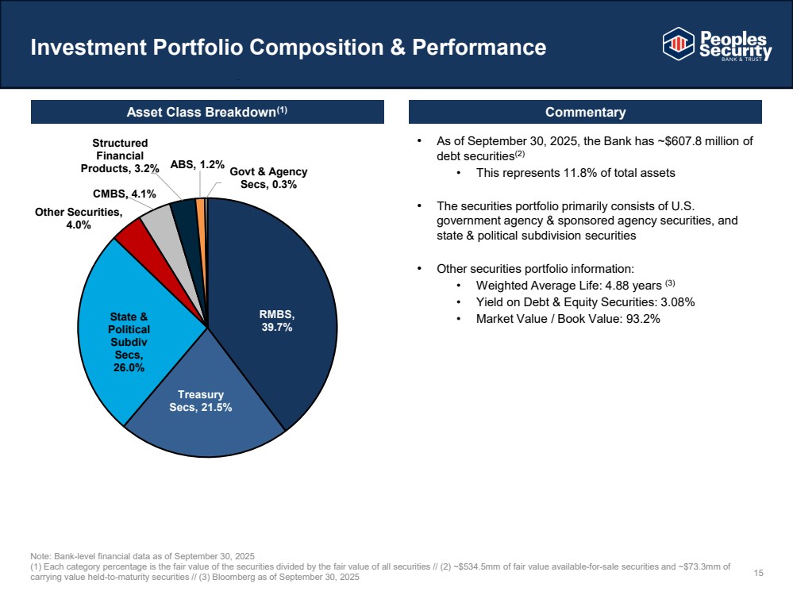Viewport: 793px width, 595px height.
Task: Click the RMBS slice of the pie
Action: pyautogui.click(x=278, y=301)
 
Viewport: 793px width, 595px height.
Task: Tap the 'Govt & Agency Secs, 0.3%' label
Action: pyautogui.click(x=268, y=178)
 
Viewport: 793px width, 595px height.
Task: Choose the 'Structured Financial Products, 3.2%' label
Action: pyautogui.click(x=121, y=155)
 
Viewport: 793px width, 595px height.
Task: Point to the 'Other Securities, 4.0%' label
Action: pyautogui.click(x=79, y=218)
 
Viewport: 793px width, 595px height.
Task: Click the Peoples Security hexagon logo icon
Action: pyautogui.click(x=679, y=44)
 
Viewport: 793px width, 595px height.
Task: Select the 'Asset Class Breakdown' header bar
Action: pyautogui.click(x=207, y=112)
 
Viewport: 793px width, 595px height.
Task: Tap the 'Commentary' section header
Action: pyautogui.click(x=585, y=112)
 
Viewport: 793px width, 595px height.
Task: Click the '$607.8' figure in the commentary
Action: pyautogui.click(x=657, y=141)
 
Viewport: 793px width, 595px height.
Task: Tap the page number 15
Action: pyautogui.click(x=758, y=573)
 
